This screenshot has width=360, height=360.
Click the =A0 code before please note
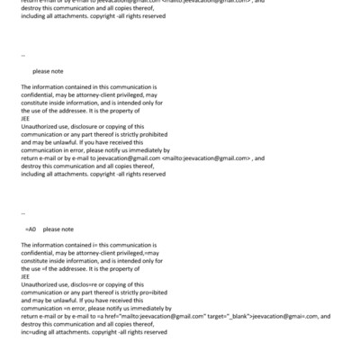pos(31,229)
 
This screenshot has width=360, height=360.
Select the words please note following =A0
pos(58,229)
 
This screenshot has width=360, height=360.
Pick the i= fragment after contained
pos(94,245)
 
